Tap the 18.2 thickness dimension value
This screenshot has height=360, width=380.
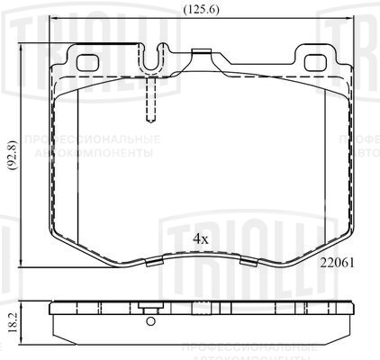tap(11, 319)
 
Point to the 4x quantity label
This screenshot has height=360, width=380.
tap(200, 239)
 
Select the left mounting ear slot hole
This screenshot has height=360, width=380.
tap(87, 63)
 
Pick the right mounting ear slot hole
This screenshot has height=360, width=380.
tap(318, 63)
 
